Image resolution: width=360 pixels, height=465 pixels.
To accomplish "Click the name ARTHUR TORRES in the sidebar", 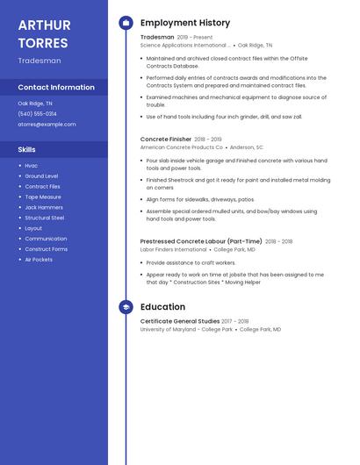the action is tap(44, 33).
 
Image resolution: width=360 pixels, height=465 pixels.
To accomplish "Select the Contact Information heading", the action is tap(56, 88).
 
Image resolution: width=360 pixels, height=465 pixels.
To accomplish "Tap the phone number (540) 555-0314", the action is tap(38, 114).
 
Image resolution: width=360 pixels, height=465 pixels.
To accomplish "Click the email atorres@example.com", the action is tap(47, 125).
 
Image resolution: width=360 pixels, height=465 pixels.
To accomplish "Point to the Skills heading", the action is tap(27, 150).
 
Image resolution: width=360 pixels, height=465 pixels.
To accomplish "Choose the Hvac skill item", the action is tap(32, 166).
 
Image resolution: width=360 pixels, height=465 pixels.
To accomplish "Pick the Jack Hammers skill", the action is tap(43, 207).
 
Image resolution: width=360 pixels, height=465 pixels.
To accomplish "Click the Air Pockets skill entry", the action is tap(39, 260).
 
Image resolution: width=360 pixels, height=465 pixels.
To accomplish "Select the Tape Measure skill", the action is tap(43, 197).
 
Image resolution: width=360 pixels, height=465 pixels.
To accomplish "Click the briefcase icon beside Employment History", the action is tap(126, 23).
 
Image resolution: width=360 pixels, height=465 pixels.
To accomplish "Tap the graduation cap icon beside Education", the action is tap(126, 307).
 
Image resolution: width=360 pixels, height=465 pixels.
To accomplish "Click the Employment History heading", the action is tap(184, 23).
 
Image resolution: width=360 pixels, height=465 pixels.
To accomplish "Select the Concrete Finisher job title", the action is tap(165, 139).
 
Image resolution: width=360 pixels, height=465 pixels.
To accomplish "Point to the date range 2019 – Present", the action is tap(194, 38).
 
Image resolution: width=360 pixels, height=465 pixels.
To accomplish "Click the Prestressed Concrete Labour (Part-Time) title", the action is tap(201, 241).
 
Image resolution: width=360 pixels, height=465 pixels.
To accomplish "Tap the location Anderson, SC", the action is tap(247, 147).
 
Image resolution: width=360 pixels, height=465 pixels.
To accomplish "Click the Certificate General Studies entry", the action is tap(180, 321).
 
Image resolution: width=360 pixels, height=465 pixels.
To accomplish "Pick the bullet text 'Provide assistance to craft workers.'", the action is tap(191, 262).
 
